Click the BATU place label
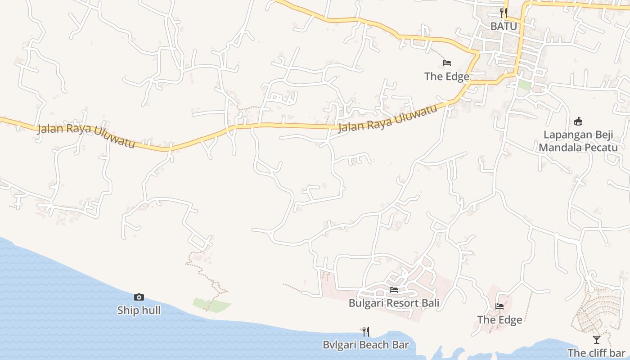coord(504,26)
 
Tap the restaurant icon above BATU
coord(504,13)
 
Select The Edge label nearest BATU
coord(446,76)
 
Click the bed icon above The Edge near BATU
coord(447,63)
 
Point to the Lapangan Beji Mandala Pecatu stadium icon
coord(578,121)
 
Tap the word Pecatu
coord(602,147)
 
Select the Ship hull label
coord(139,310)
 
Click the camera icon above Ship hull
coord(139,297)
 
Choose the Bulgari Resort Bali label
coord(394,303)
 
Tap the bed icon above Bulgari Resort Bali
coord(394,289)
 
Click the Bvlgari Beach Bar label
coord(365,345)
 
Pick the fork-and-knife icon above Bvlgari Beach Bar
coord(366,332)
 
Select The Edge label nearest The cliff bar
coord(499,320)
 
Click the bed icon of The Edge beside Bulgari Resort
coord(499,306)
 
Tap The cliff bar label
coord(596,353)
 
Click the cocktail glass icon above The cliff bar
coord(597,339)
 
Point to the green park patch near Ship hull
coord(211,305)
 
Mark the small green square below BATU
coord(524,85)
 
